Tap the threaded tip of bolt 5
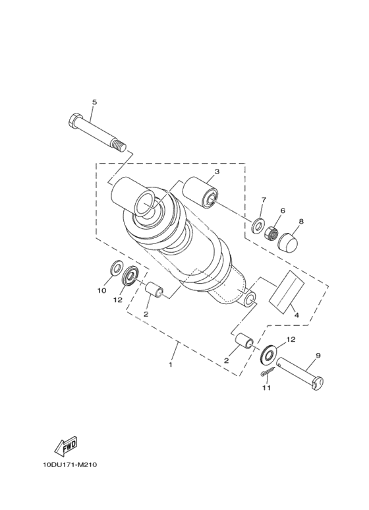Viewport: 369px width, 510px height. pyautogui.click(x=119, y=145)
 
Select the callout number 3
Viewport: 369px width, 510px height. pyautogui.click(x=217, y=172)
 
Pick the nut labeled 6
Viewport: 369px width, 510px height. pyautogui.click(x=271, y=233)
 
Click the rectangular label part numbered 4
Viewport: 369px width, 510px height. pyautogui.click(x=286, y=292)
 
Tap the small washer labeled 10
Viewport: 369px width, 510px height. pyautogui.click(x=116, y=267)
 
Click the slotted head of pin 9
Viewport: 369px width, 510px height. pyautogui.click(x=318, y=383)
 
